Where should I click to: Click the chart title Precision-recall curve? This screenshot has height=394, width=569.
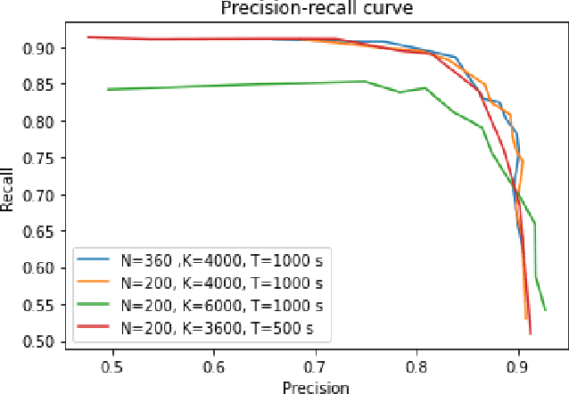point(309,8)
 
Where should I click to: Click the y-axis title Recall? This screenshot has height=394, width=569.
point(8,193)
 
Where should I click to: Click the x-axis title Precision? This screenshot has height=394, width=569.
point(315,386)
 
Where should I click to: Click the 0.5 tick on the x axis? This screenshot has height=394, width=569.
point(112,366)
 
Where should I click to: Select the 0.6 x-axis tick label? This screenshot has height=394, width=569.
point(214,366)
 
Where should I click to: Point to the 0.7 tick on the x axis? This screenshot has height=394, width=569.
point(315,366)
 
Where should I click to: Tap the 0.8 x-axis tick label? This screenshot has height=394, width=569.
point(416,366)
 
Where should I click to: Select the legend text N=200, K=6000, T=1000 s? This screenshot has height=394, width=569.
point(222,305)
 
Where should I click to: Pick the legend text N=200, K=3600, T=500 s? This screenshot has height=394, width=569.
point(217,327)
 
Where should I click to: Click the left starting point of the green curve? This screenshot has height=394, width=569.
point(108,89)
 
